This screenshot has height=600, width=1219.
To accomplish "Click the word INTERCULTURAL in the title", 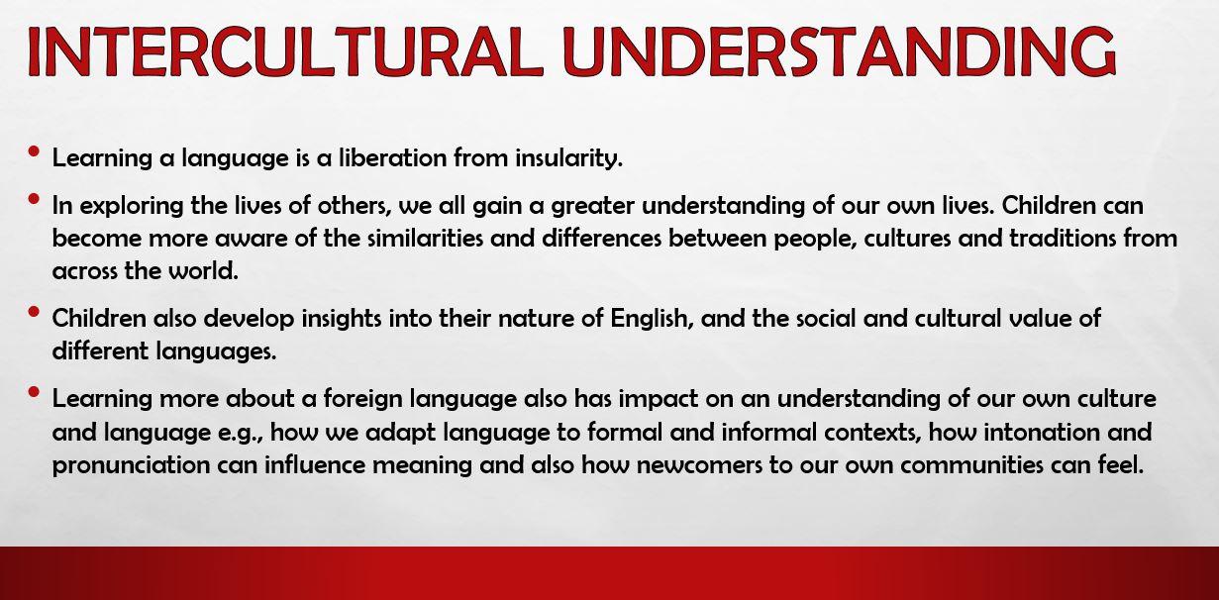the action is point(284,50).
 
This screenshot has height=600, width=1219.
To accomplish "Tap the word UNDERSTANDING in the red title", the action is point(839,50).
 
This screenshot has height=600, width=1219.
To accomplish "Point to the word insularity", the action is point(569,158).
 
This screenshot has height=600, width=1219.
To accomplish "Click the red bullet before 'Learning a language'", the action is point(34,151).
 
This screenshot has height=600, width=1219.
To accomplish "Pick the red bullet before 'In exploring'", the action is point(34,199).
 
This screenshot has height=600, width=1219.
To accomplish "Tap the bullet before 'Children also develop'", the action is point(34,312).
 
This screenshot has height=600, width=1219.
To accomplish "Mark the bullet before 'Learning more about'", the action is point(34,392).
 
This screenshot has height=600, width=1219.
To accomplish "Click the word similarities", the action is point(426,239).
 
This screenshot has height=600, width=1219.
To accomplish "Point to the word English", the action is point(652,318).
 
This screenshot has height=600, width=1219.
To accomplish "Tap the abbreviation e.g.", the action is point(240,434).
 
